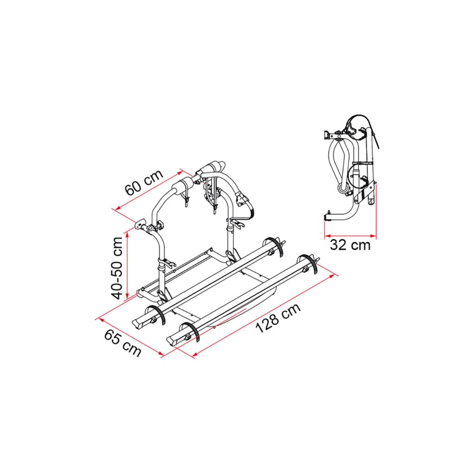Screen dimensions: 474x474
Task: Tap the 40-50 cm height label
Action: coord(118,267)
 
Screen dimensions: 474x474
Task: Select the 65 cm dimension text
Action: coord(123,343)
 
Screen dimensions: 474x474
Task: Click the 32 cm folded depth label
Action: coord(350,245)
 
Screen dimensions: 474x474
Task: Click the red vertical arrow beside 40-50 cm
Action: coord(128,265)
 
